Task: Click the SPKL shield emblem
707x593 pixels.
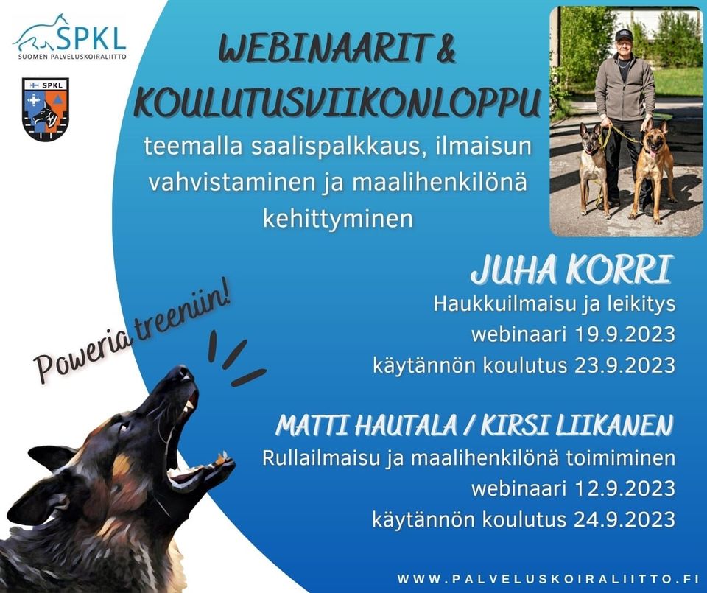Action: coord(45,109)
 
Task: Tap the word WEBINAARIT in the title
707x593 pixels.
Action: coord(323,49)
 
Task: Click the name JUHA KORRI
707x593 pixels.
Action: coord(572,270)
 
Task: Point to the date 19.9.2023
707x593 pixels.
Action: coord(625,334)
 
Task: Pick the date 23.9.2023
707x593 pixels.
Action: coord(625,365)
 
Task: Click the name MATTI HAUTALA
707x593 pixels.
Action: coord(367,425)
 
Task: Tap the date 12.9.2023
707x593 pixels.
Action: coord(625,489)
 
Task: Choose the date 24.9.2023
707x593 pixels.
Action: coord(625,519)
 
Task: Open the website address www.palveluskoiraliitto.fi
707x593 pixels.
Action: coord(548,578)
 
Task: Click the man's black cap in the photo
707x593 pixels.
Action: coord(624,35)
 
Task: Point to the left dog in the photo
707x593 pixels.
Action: coord(592,168)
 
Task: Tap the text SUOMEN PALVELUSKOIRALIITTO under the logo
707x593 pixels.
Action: coord(72,57)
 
